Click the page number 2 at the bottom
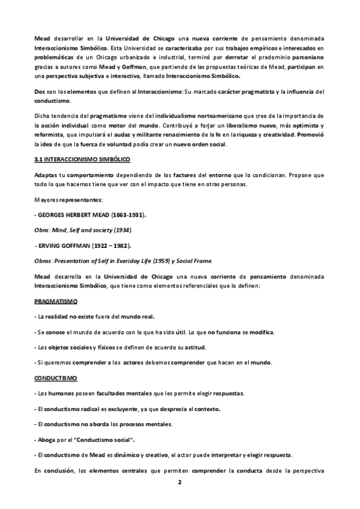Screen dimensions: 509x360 point(180,482)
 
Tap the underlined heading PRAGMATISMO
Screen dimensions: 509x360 point(55,300)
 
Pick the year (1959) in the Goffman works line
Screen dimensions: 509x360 point(170,261)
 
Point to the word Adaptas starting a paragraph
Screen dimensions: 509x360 point(46,175)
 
